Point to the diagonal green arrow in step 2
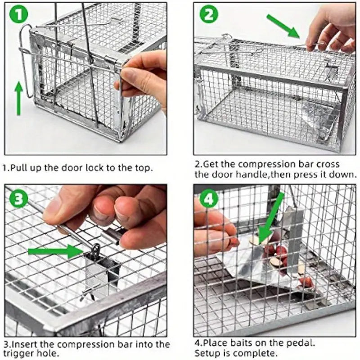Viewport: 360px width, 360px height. point(283,26)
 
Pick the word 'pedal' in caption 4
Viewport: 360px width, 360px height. point(303,343)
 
